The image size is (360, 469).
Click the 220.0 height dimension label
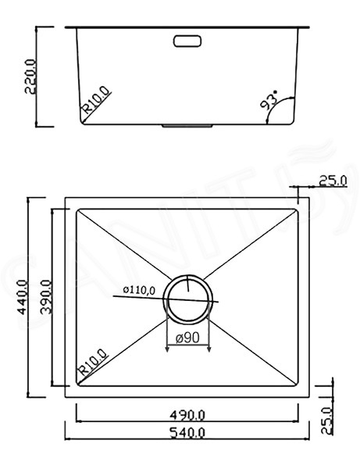(30, 77)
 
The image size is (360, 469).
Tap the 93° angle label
(269, 100)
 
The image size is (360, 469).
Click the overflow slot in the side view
(187, 41)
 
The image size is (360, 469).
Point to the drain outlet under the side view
(187, 126)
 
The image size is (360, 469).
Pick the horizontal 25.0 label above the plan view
(333, 181)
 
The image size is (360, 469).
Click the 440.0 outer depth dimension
(23, 297)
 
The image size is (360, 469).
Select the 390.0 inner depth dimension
(46, 297)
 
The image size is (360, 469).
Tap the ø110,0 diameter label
(139, 290)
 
